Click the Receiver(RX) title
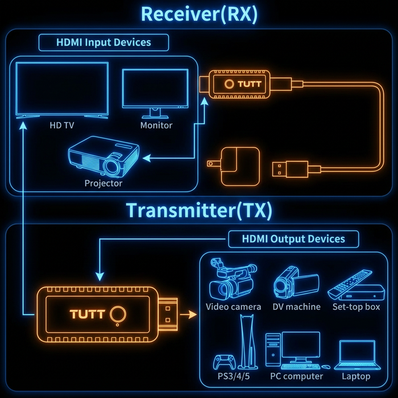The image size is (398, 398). tap(199, 14)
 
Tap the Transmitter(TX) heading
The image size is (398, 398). tap(199, 210)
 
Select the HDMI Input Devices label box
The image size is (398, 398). tap(103, 42)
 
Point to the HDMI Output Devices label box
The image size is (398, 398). tap(293, 239)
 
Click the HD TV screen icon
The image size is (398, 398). tap(62, 89)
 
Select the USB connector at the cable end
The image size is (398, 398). tap(289, 169)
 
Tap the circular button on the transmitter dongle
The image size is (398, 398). tap(118, 314)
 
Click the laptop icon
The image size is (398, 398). tap(357, 355)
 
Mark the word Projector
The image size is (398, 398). tap(103, 183)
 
